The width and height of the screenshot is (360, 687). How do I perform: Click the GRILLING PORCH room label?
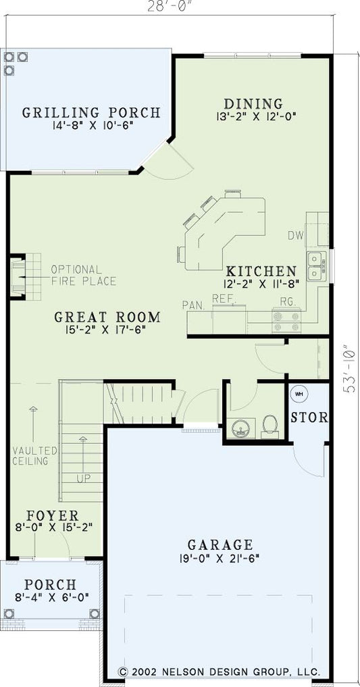coord(91,112)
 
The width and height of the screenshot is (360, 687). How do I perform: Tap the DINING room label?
coord(253,103)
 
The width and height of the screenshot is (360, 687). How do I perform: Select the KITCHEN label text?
coord(260,270)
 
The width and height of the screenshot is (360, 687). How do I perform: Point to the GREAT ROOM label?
coord(107,317)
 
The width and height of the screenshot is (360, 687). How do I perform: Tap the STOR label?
coord(309,417)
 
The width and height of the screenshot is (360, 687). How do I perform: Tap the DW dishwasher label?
coord(295,236)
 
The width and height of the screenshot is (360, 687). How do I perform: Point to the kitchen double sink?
coord(314,265)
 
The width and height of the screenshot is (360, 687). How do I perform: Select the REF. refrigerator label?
coord(223,298)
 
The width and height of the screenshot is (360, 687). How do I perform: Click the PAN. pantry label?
coord(192,305)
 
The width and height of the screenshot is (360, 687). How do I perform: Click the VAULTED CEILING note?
coord(30,455)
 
